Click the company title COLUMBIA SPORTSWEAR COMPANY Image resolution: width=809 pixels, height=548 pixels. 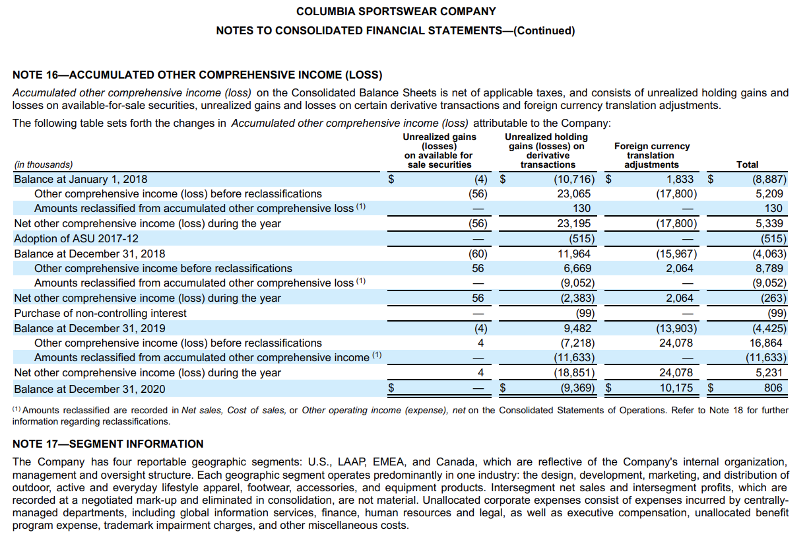pos(396,11)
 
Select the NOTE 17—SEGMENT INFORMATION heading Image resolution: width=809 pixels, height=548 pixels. pos(108,444)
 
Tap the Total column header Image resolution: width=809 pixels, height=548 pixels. pos(747,164)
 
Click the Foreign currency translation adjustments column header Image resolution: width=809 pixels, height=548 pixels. pos(651,155)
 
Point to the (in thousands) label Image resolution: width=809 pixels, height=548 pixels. pos(44,165)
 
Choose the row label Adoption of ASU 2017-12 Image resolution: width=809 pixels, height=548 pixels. pos(77,238)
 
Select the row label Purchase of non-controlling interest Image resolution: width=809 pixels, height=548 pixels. pos(100,313)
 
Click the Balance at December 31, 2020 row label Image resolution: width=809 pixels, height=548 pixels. pos(90,389)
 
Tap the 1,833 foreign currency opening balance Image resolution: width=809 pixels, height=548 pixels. pos(680,179)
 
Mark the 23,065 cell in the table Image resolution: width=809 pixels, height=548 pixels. pos(574,194)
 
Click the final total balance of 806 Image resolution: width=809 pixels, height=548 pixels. pos(773,388)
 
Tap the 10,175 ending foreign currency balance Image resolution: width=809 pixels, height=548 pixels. pos(676,388)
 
